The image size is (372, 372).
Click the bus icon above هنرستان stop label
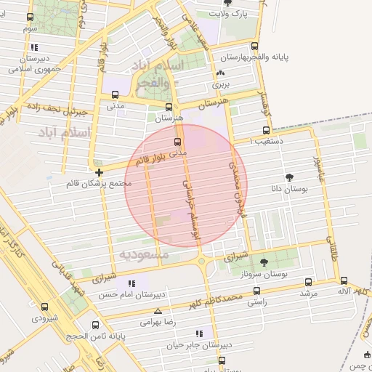pos(169,106)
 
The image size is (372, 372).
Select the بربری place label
pos(220,84)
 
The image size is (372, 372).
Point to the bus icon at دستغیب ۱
pos(266,131)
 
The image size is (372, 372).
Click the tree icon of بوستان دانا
pos(290,177)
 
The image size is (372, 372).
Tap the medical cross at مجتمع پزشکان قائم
pos(99,172)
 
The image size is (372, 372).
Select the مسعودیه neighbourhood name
pos(144,255)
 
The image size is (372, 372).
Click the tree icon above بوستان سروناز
pos(262,262)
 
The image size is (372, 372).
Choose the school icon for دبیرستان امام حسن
pos(131,283)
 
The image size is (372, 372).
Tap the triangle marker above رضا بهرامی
pos(158,311)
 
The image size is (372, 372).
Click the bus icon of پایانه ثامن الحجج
pos(95,325)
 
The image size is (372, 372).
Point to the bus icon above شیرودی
pos(45,307)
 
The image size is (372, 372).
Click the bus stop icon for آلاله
pos(344,280)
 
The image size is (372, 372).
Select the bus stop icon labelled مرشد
pos(309,282)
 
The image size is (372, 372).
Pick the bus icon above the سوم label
pos(30,17)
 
